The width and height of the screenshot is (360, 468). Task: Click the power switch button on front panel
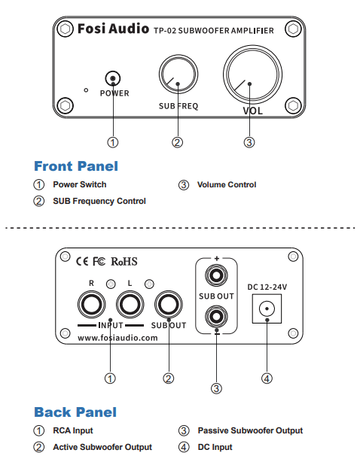click(113, 77)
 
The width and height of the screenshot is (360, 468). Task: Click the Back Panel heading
click(75, 412)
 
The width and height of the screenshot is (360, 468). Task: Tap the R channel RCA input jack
click(91, 305)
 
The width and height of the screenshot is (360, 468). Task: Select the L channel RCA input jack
click(130, 305)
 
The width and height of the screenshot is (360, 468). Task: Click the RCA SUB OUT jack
click(168, 305)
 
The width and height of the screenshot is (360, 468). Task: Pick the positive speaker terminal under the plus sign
click(216, 276)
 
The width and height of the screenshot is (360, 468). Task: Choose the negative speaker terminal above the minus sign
click(216, 315)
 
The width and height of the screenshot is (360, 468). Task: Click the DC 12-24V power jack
click(267, 308)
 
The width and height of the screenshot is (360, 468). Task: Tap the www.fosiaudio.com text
click(117, 338)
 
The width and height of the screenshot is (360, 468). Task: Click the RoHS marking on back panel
click(126, 263)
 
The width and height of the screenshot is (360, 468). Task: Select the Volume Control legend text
click(226, 184)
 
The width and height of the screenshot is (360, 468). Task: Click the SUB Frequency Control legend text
click(99, 201)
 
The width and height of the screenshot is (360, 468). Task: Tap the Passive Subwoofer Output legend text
click(250, 430)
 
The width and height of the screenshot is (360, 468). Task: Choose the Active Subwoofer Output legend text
click(102, 447)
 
